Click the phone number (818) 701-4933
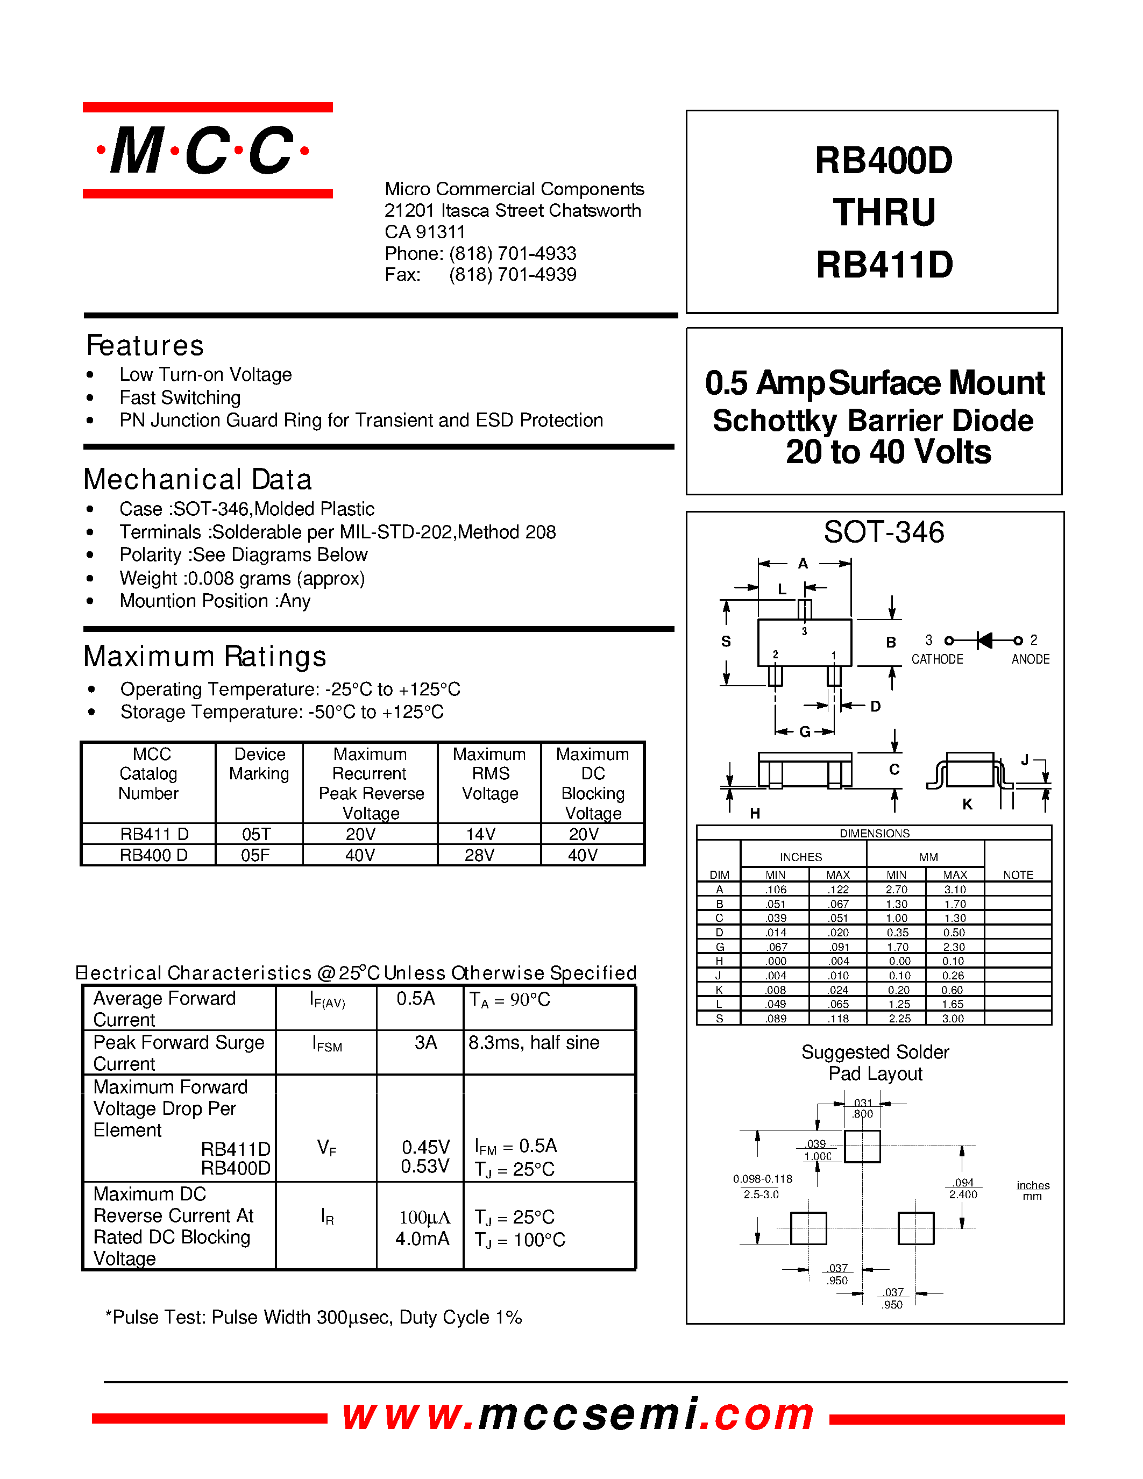(x=513, y=253)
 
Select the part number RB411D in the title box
(x=884, y=265)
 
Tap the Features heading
(x=145, y=345)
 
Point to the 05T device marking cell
(x=257, y=834)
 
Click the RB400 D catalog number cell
(x=154, y=855)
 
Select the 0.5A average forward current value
(x=416, y=999)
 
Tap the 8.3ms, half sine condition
(x=534, y=1043)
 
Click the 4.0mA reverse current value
(x=423, y=1239)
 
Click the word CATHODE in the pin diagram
(x=937, y=659)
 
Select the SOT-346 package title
(x=884, y=532)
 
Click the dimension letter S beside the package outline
(x=726, y=641)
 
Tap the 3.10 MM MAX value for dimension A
(x=955, y=889)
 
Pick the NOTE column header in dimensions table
(x=1018, y=875)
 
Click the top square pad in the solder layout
(x=863, y=1147)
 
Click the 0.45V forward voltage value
(x=426, y=1147)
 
